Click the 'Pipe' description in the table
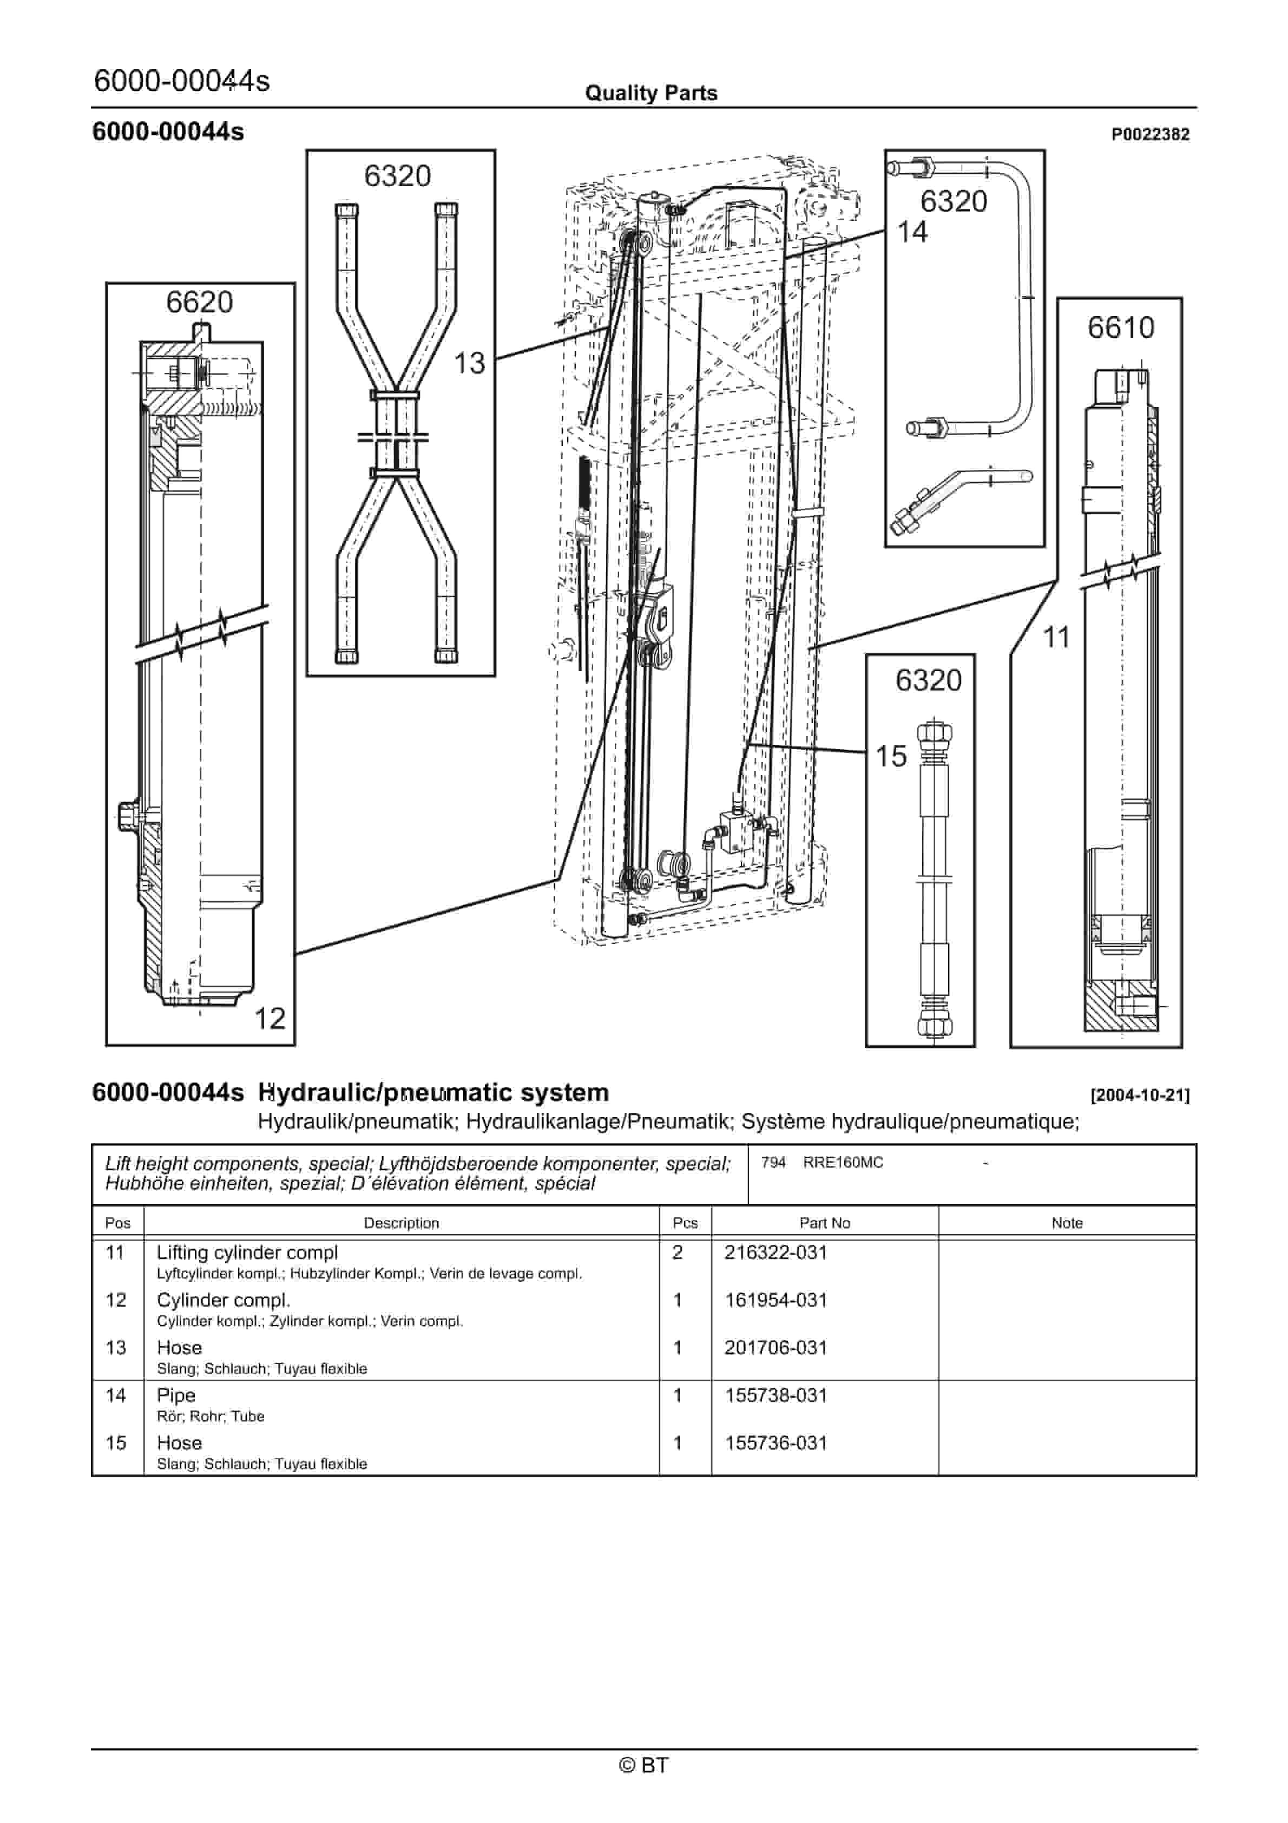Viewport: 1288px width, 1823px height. click(x=175, y=1396)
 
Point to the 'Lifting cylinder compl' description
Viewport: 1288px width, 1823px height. click(x=247, y=1253)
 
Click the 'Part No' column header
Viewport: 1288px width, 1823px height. click(x=824, y=1223)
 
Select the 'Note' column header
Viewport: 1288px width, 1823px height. click(x=1067, y=1223)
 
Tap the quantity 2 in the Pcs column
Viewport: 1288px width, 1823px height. click(x=678, y=1253)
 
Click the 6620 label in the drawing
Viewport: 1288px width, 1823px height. click(x=199, y=303)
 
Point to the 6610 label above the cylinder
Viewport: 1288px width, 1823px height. click(x=1120, y=327)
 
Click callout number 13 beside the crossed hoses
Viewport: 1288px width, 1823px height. click(x=469, y=364)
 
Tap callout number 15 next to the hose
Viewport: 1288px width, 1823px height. click(x=891, y=757)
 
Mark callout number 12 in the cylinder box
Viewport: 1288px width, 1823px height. click(x=269, y=1019)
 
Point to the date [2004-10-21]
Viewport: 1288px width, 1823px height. click(x=1140, y=1096)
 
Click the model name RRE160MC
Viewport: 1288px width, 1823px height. click(x=843, y=1163)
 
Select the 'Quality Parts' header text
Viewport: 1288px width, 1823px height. click(x=651, y=94)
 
